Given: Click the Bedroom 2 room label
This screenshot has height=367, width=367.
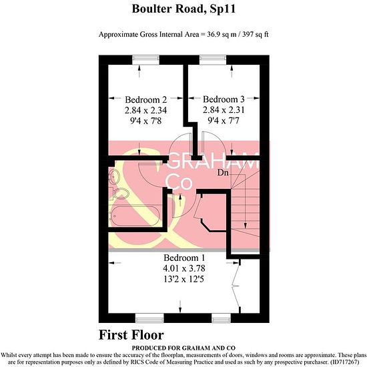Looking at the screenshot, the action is pos(146,99).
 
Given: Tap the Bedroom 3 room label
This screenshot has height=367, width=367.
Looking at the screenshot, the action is pos(224,99).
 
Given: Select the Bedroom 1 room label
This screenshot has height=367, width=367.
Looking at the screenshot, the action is pos(184,258).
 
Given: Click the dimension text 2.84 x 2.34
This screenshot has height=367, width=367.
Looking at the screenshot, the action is pos(146,110).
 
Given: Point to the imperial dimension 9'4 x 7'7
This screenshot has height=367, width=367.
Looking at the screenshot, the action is pos(224,121).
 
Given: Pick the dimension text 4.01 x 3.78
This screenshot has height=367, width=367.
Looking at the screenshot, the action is pos(184,268).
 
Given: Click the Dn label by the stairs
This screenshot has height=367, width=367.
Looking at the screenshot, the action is pos(223,173).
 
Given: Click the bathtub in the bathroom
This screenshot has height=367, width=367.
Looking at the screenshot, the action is pos(134,216).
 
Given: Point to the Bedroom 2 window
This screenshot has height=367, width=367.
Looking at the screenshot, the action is pos(145,59).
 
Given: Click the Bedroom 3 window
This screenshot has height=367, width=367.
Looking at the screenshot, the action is pos(213,59).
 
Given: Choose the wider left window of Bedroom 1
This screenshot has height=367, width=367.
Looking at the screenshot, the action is pos(149,318).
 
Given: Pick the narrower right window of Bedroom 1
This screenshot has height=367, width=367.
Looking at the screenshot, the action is pos(221,318).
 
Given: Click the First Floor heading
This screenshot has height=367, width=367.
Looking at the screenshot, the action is pos(131,335).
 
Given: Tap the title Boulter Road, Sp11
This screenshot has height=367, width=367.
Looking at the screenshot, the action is pos(183,9).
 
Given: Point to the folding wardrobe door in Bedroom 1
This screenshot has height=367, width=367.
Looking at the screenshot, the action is pos(236,286).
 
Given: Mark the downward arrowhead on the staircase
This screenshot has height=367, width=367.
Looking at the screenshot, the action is pos(245,226).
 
